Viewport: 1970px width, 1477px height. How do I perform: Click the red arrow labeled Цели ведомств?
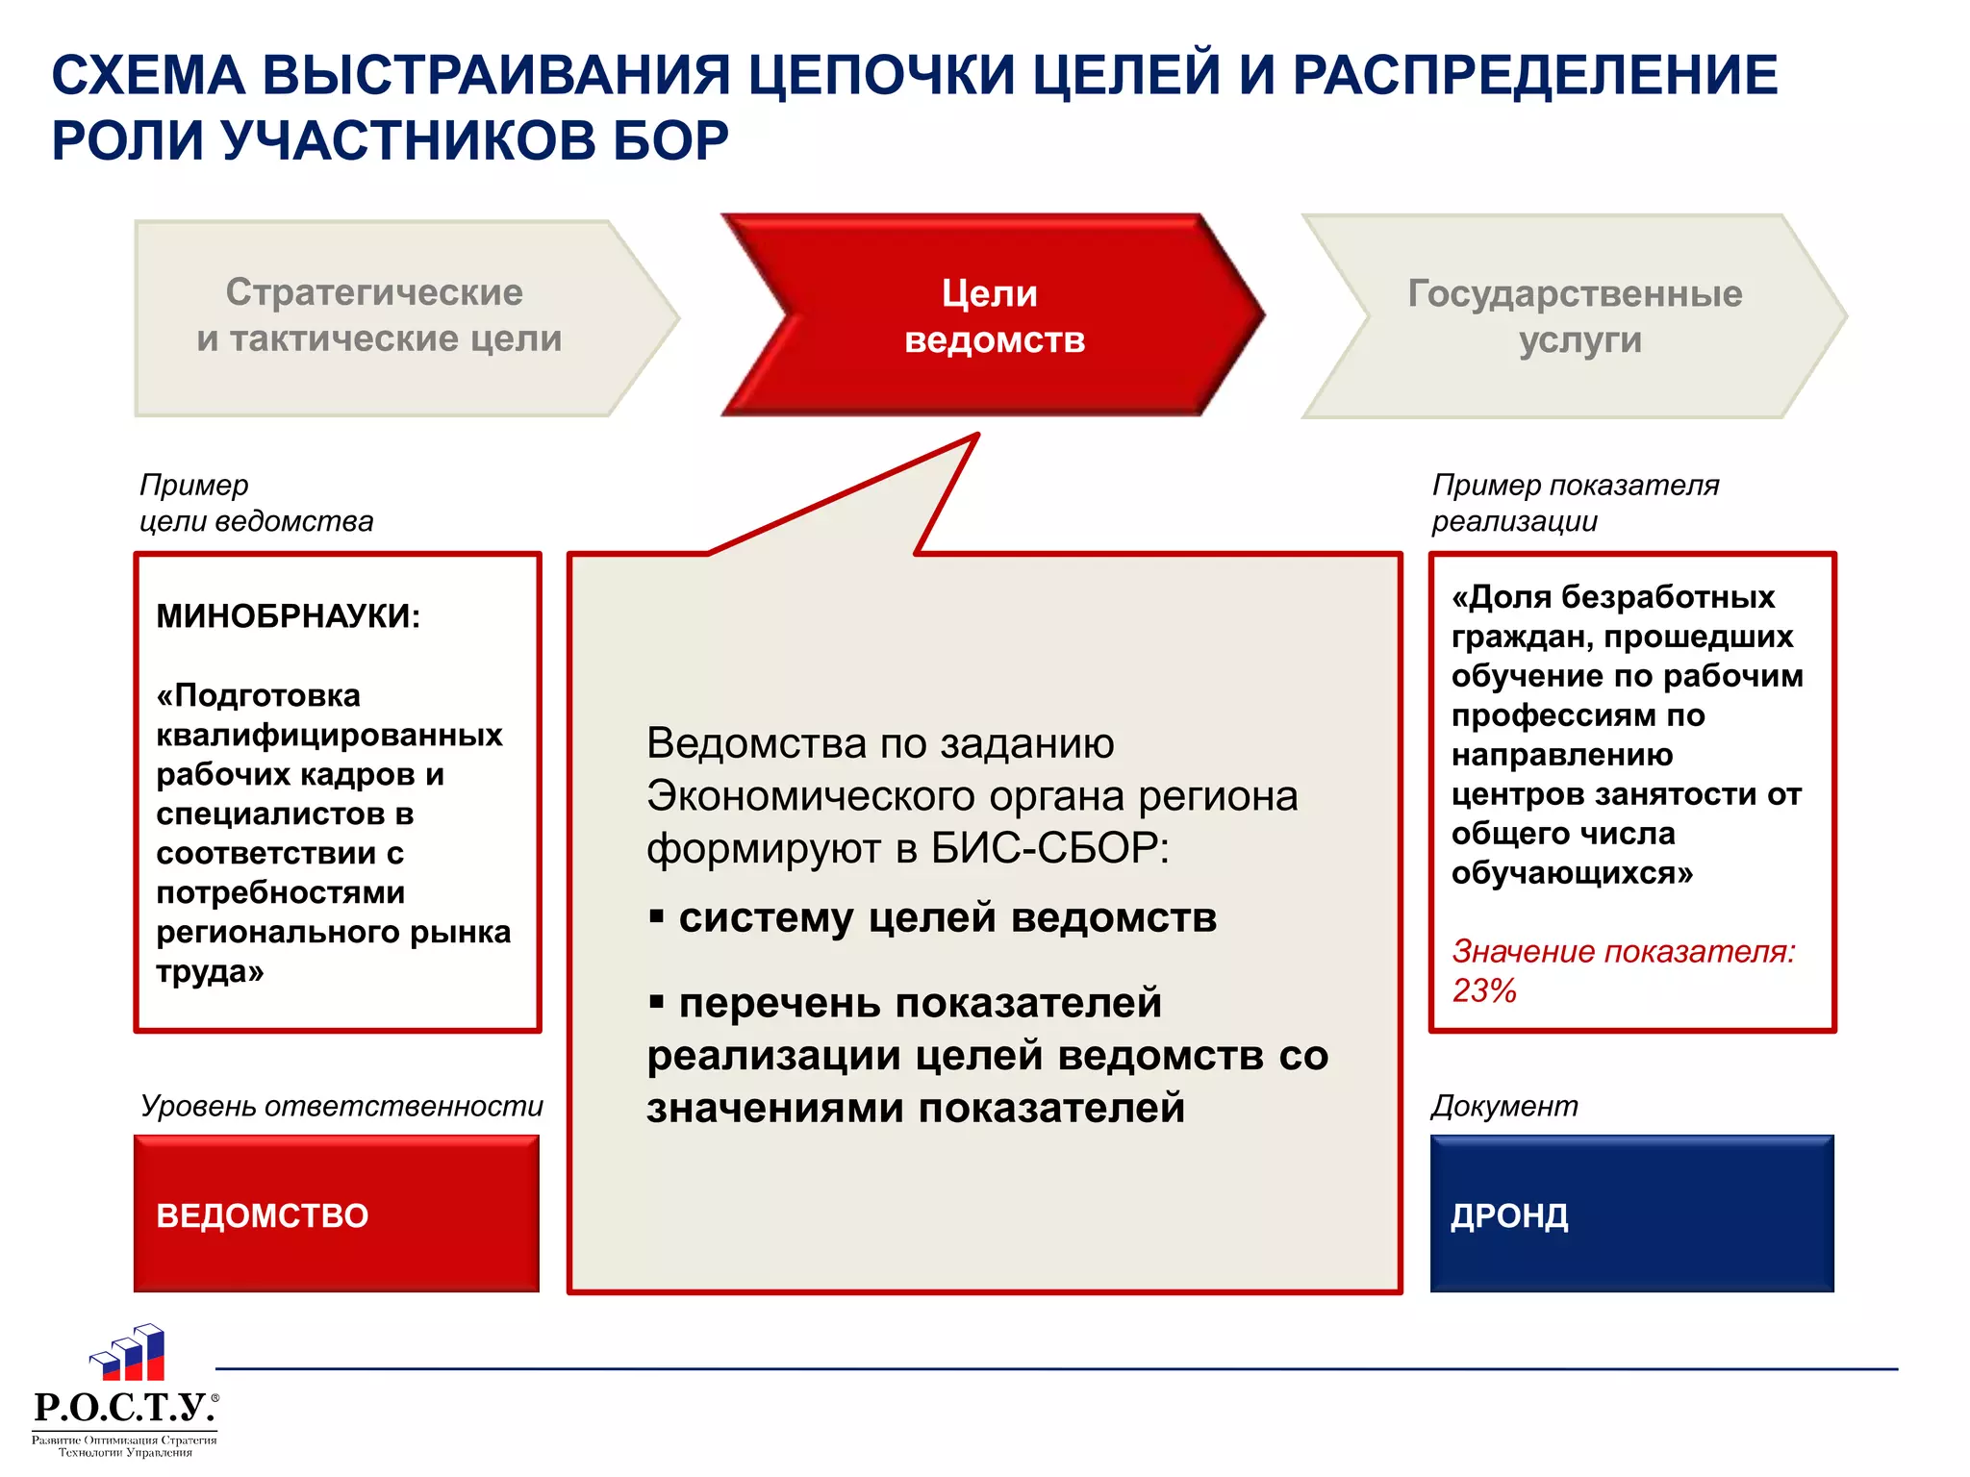point(994,315)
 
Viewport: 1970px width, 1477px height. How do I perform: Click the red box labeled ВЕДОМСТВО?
point(337,1214)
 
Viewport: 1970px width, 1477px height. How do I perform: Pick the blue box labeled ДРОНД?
point(1632,1214)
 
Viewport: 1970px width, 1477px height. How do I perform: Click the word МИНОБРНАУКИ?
point(289,616)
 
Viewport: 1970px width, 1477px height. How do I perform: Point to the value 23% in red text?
point(1484,990)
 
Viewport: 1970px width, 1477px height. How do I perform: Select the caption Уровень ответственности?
point(341,1106)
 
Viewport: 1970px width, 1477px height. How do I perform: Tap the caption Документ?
point(1504,1106)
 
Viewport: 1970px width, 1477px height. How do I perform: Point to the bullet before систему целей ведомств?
point(657,916)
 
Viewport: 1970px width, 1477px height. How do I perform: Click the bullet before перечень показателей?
point(657,1003)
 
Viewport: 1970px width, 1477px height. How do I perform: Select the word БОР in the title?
point(669,140)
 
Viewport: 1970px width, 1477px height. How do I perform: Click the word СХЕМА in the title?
point(148,75)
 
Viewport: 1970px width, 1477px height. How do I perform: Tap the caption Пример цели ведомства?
point(256,503)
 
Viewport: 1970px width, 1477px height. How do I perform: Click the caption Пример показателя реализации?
point(1575,503)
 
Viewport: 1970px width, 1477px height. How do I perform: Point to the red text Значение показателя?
point(1624,951)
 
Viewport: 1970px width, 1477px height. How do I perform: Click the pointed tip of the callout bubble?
point(975,438)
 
